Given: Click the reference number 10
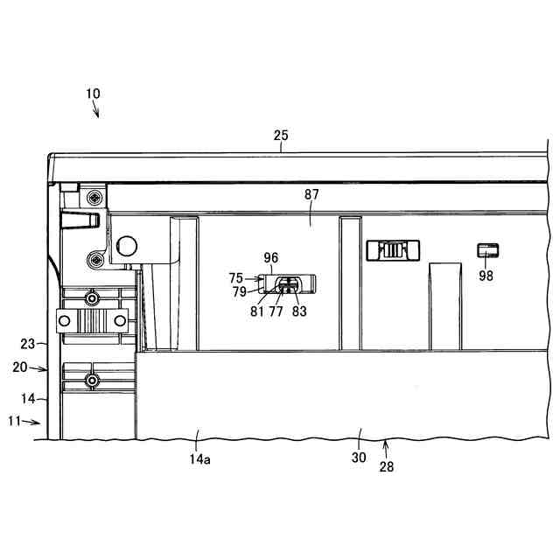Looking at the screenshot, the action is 93,94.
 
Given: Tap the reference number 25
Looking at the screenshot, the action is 280,136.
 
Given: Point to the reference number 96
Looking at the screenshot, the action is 271,258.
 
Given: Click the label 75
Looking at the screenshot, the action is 236,277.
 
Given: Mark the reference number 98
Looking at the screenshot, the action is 486,275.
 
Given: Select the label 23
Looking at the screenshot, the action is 28,344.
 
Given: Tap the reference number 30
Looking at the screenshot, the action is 359,457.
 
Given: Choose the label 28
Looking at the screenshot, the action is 386,466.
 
